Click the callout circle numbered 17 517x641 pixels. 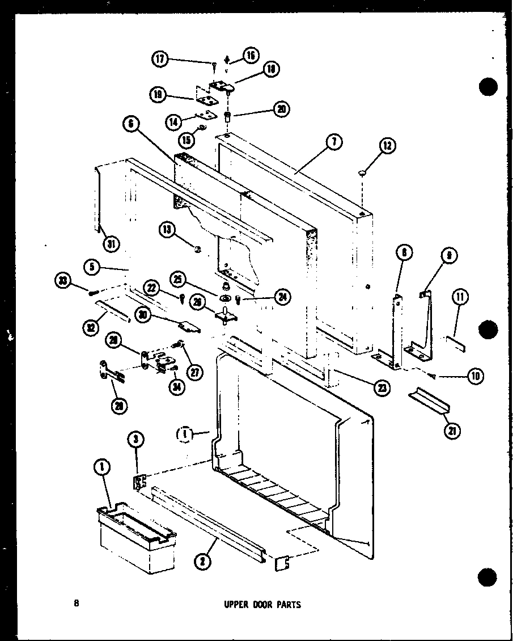[x=160, y=58]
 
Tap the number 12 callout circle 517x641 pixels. [x=387, y=146]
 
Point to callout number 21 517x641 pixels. [x=452, y=431]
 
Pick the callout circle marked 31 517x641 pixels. [x=111, y=245]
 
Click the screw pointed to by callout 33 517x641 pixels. [x=92, y=293]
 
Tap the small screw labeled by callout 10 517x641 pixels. [x=433, y=374]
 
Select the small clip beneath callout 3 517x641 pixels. [x=138, y=483]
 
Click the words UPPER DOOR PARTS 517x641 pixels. [x=261, y=605]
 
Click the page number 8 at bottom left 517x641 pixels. [x=76, y=604]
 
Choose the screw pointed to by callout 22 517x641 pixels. [x=183, y=297]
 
